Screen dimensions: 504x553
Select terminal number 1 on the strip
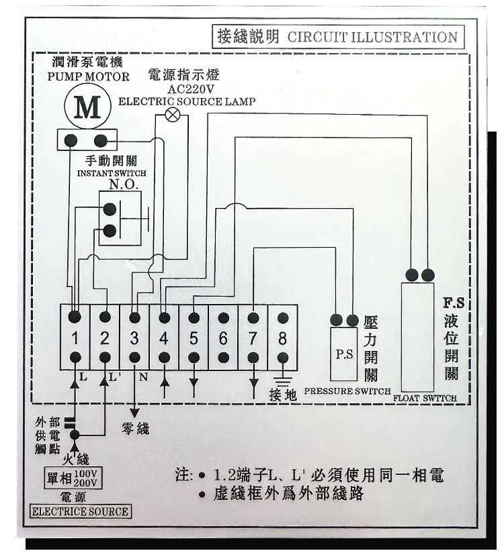click(75, 338)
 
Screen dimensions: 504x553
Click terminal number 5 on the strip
click(194, 338)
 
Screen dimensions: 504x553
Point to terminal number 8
click(282, 338)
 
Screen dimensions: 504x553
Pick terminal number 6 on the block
click(223, 338)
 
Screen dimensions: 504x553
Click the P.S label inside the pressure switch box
click(344, 354)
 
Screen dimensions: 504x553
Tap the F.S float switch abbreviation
click(454, 303)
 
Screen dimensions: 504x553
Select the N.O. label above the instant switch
click(124, 185)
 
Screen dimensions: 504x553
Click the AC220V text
click(191, 89)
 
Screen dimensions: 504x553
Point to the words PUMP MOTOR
click(89, 77)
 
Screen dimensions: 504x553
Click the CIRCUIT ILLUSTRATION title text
click(372, 37)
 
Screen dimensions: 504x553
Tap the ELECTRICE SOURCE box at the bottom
click(80, 511)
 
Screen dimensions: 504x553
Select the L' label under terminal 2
click(114, 377)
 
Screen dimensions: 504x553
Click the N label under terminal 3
click(143, 377)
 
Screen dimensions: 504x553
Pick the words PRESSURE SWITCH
click(347, 391)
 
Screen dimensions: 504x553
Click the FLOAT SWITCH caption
click(425, 398)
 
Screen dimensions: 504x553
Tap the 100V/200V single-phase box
click(73, 478)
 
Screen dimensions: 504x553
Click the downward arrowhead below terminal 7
click(253, 383)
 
